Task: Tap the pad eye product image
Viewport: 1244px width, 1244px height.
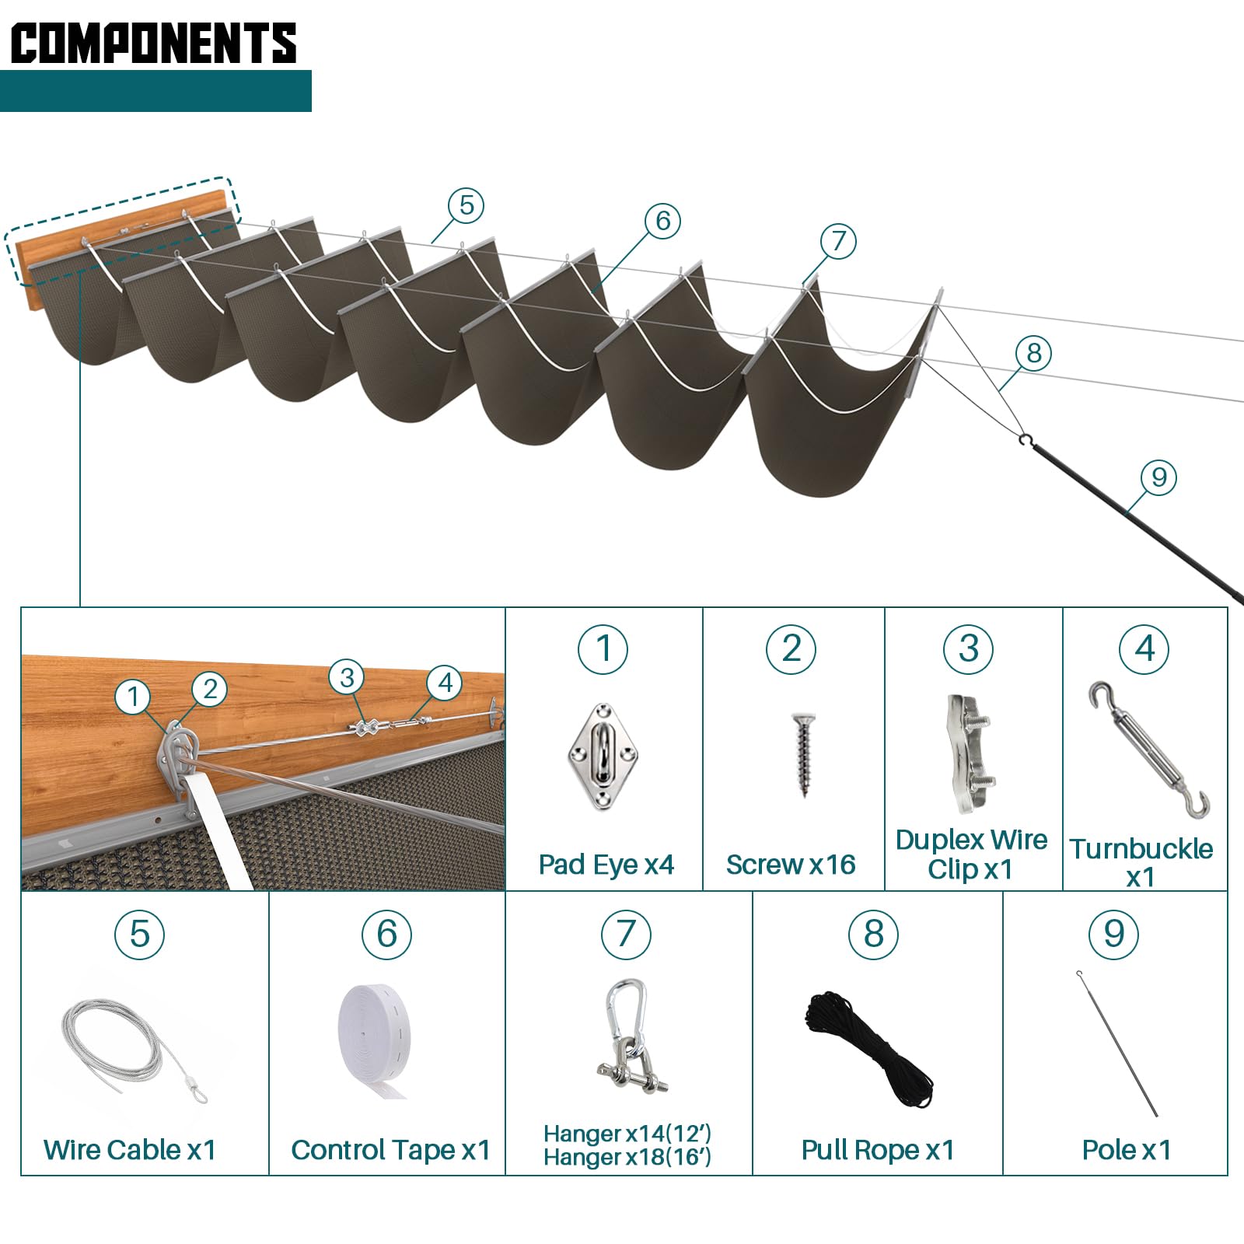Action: pyautogui.click(x=603, y=757)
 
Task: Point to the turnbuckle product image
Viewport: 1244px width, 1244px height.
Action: pyautogui.click(x=1149, y=750)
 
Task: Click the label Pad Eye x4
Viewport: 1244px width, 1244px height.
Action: pyautogui.click(x=606, y=865)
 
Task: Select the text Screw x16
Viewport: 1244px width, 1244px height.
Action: pyautogui.click(x=791, y=865)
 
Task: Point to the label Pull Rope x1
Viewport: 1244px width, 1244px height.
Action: pyautogui.click(x=877, y=1150)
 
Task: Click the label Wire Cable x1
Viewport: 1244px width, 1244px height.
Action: pyautogui.click(x=130, y=1150)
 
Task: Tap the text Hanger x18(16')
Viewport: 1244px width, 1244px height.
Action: pyautogui.click(x=627, y=1158)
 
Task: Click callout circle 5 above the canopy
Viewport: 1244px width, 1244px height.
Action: pyautogui.click(x=466, y=205)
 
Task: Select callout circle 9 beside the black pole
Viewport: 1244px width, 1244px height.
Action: pyautogui.click(x=1158, y=477)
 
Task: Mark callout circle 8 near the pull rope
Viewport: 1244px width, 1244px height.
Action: pyautogui.click(x=1033, y=353)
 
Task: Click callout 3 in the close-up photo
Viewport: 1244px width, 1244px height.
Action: pyautogui.click(x=347, y=677)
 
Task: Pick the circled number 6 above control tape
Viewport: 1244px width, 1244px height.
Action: pyautogui.click(x=386, y=935)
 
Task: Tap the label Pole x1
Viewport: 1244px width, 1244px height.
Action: pyautogui.click(x=1127, y=1150)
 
